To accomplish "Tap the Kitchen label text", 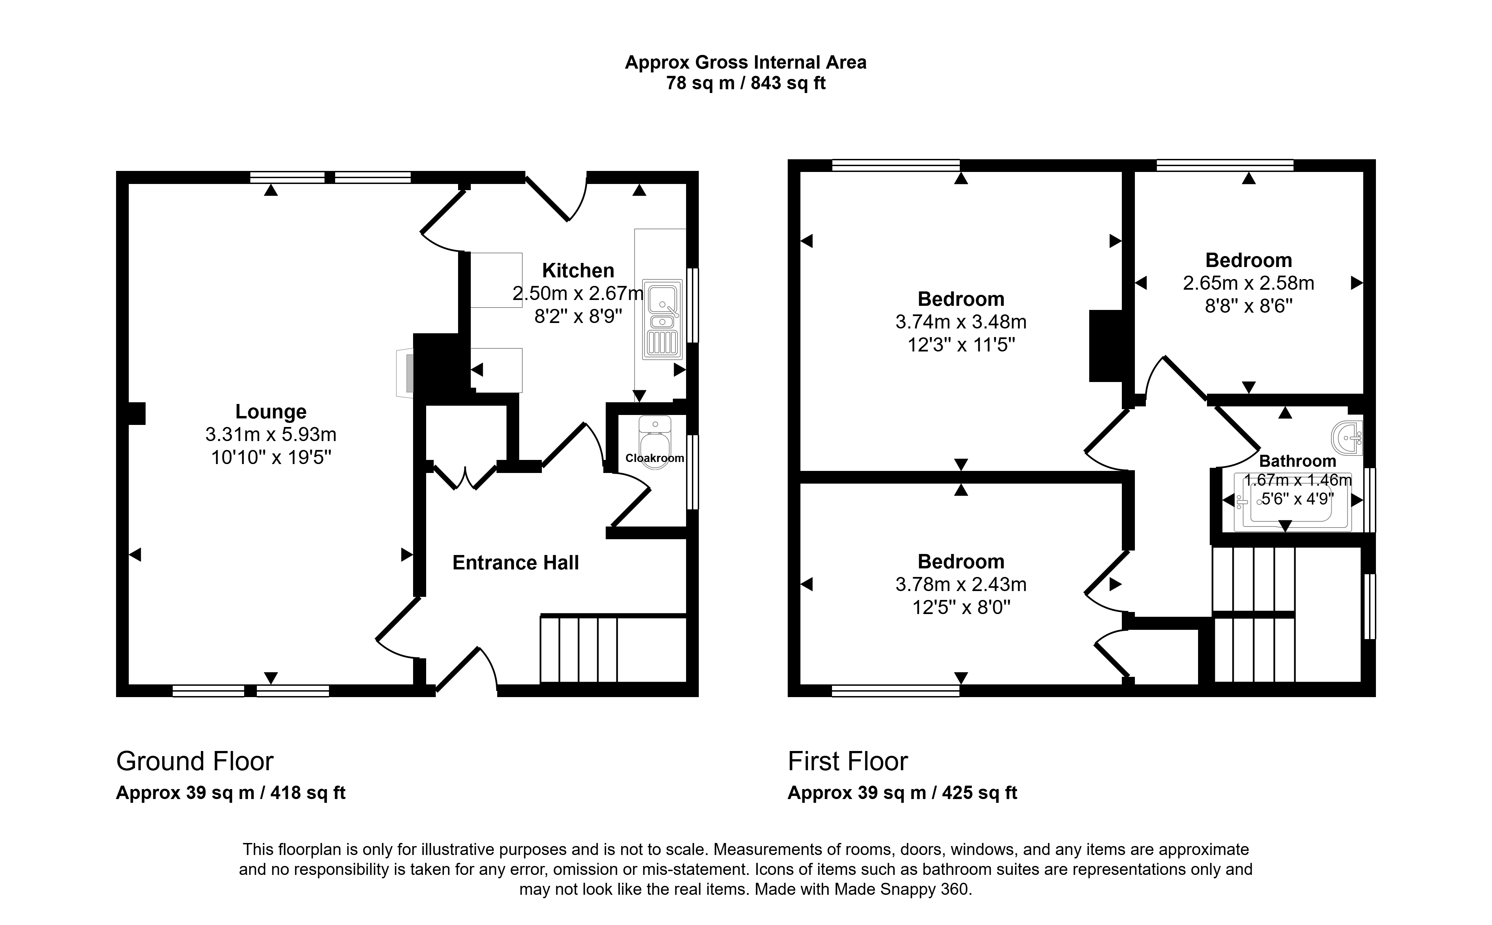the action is click(x=578, y=270).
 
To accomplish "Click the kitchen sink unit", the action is click(x=662, y=319).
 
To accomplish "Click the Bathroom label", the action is click(x=1297, y=461).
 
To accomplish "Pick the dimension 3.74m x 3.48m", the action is click(x=961, y=322).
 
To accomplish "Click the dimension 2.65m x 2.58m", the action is click(x=1249, y=283).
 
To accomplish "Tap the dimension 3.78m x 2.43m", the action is click(x=961, y=585).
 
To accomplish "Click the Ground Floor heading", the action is click(x=195, y=761).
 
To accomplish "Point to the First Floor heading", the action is click(x=847, y=761).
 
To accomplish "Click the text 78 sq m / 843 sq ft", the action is click(x=745, y=83).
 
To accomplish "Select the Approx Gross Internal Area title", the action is click(x=745, y=62).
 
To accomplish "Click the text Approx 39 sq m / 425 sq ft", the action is click(x=902, y=793).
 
